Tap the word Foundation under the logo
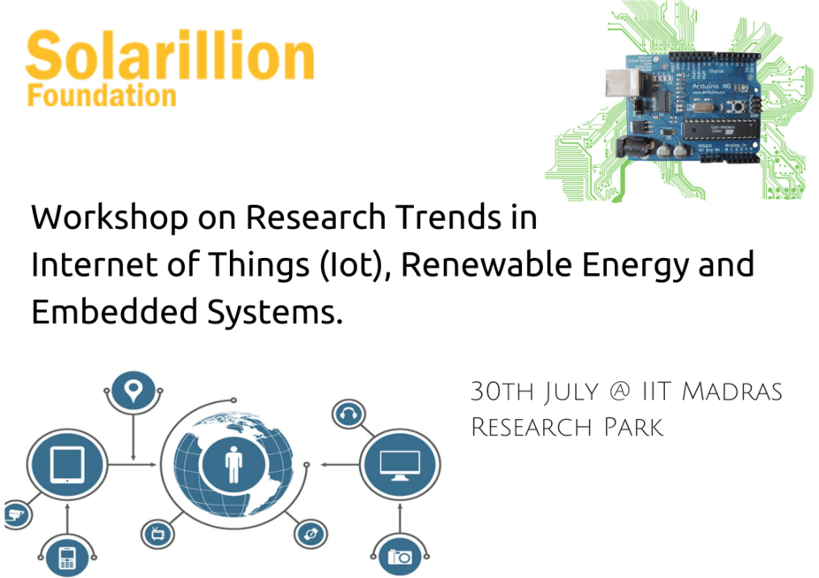click(102, 96)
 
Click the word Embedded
click(114, 312)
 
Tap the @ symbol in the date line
click(620, 391)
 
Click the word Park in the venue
click(633, 427)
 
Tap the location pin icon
click(134, 390)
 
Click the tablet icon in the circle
click(67, 465)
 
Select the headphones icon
click(348, 414)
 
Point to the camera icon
click(400, 557)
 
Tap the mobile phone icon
click(67, 558)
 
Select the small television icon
click(157, 534)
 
